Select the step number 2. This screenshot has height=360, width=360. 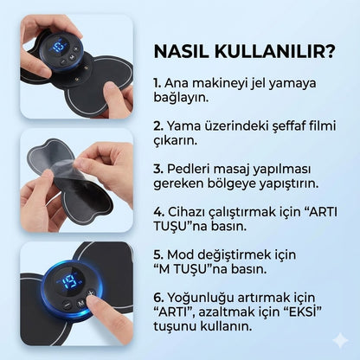(157, 127)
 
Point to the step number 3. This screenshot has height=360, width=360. (157, 168)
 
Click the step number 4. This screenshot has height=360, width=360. (157, 209)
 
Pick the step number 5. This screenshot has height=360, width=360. (157, 256)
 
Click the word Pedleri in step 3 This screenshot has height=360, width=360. (188, 168)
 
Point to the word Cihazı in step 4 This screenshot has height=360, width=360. (188, 209)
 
